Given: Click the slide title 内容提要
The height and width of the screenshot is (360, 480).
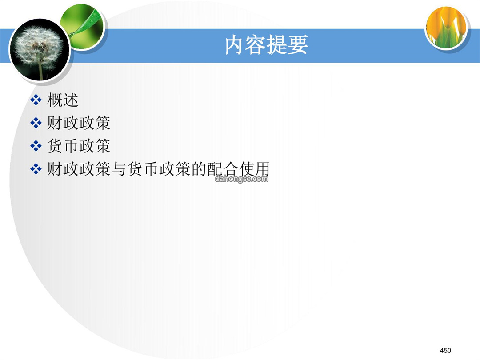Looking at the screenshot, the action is pyautogui.click(x=266, y=45).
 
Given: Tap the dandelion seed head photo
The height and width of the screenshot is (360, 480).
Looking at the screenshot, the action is pyautogui.click(x=39, y=50).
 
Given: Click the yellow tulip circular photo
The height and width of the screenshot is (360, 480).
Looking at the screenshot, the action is pyautogui.click(x=447, y=28).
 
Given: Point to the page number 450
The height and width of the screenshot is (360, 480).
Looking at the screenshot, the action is pyautogui.click(x=445, y=351).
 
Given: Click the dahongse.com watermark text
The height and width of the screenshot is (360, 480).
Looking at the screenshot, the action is pyautogui.click(x=241, y=179).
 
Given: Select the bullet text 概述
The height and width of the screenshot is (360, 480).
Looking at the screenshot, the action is pyautogui.click(x=63, y=100).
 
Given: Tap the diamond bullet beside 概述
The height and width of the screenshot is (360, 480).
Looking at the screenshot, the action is pyautogui.click(x=36, y=100).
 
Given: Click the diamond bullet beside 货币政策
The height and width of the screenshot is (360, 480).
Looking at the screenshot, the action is pyautogui.click(x=36, y=146).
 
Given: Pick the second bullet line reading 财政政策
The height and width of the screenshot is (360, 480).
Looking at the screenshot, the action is pyautogui.click(x=79, y=123).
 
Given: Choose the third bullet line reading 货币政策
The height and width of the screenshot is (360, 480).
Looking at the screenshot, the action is pyautogui.click(x=79, y=146).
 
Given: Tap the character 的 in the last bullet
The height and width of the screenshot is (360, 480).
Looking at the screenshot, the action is pyautogui.click(x=199, y=169).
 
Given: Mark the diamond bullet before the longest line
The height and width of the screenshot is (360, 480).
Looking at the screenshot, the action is pyautogui.click(x=36, y=169).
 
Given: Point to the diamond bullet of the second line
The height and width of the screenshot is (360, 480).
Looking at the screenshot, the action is pyautogui.click(x=36, y=123).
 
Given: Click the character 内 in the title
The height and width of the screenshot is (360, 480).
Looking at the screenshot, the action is pyautogui.click(x=235, y=45).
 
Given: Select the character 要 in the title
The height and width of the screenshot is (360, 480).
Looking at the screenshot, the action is pyautogui.click(x=297, y=45).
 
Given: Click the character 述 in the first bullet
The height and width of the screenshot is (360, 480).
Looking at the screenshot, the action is pyautogui.click(x=71, y=100).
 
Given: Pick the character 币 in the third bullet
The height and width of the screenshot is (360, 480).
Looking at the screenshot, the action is pyautogui.click(x=71, y=146).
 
